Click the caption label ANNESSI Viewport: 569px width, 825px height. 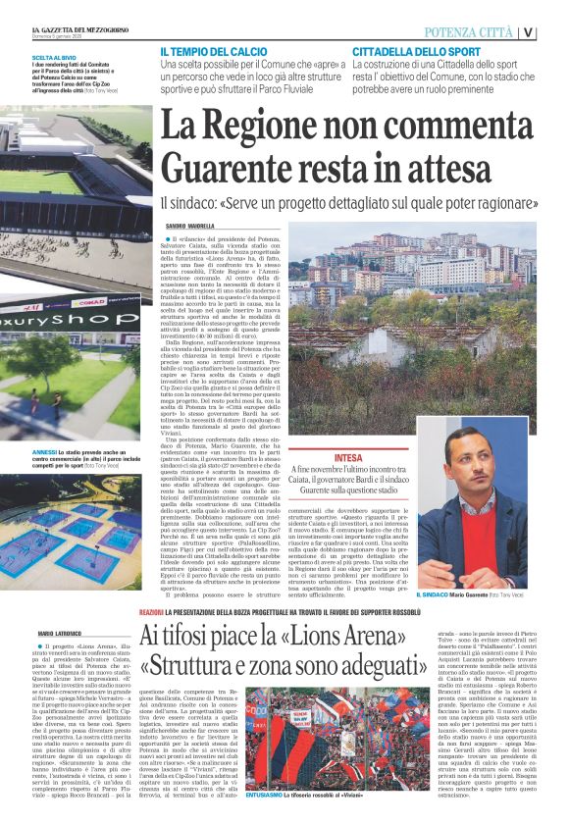(48, 426)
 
